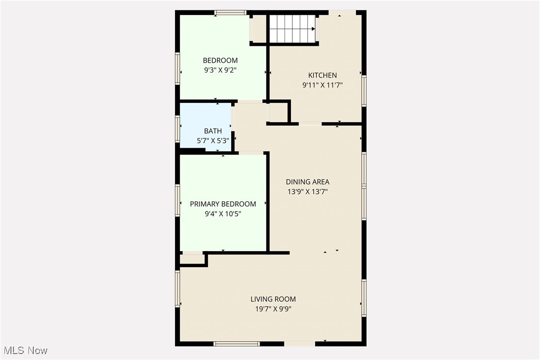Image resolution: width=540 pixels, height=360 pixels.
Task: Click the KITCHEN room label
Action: [322, 76]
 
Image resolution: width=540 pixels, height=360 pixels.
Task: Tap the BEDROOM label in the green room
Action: [220, 61]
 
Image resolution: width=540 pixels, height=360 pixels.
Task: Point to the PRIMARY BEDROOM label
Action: [223, 204]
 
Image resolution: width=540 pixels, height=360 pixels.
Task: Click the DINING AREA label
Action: [307, 182]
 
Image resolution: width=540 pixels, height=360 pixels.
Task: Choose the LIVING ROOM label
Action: [273, 299]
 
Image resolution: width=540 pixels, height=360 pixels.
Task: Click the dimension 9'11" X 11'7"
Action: [322, 85]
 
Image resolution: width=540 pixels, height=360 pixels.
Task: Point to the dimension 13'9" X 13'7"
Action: [307, 191]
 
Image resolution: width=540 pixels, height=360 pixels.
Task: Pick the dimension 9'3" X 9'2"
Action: [220, 70]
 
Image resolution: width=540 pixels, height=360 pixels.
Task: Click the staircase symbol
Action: [292, 29]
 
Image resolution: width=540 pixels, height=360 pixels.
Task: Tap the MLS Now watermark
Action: [24, 351]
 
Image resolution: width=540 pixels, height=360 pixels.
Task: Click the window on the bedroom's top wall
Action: [230, 12]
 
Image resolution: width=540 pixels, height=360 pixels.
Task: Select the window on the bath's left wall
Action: [178, 128]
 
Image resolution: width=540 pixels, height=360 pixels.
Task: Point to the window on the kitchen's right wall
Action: [364, 90]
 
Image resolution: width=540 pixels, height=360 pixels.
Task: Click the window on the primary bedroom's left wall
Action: [178, 200]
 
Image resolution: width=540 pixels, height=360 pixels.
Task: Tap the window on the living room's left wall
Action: [178, 288]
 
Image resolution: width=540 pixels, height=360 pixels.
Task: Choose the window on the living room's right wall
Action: [364, 298]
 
